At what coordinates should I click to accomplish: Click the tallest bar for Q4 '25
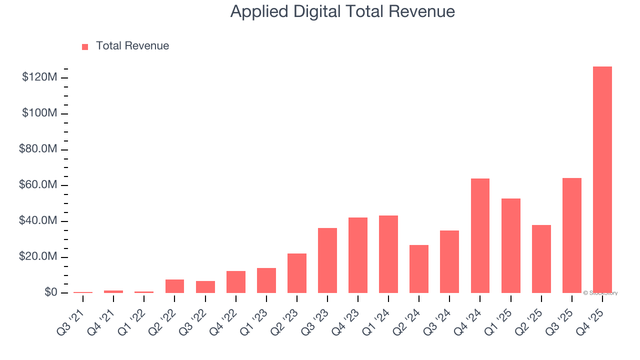tap(602, 180)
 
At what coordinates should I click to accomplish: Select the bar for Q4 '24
tap(480, 235)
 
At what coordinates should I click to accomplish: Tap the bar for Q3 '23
tap(327, 260)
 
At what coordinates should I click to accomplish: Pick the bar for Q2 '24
tap(419, 269)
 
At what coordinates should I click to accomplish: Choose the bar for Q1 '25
tap(510, 245)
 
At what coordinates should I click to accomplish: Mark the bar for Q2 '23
tap(297, 273)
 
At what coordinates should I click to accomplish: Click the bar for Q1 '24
tap(388, 254)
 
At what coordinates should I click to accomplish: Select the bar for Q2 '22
tap(174, 286)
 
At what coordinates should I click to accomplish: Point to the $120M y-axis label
tap(39, 77)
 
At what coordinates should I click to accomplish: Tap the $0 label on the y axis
tap(50, 292)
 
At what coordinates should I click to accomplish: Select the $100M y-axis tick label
tap(39, 113)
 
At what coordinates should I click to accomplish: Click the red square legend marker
tap(85, 46)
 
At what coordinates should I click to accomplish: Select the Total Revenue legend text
tap(132, 46)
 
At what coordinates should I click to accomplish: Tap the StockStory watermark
tap(600, 293)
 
